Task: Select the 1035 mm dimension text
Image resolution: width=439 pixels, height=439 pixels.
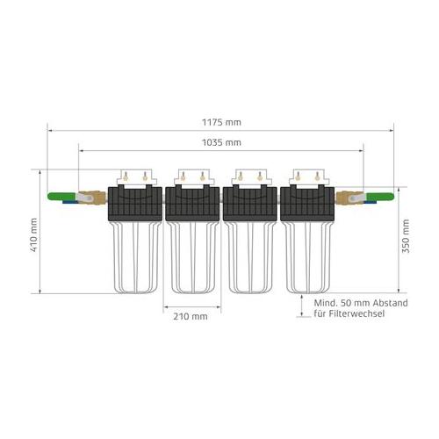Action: click(219, 141)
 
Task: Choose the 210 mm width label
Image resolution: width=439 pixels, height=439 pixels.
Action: click(191, 315)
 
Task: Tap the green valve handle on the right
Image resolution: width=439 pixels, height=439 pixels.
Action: click(377, 198)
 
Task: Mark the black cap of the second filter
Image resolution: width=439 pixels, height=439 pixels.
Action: click(192, 204)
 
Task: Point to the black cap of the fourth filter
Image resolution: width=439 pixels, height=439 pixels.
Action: click(306, 204)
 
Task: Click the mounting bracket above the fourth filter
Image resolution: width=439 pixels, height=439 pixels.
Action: click(306, 176)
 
